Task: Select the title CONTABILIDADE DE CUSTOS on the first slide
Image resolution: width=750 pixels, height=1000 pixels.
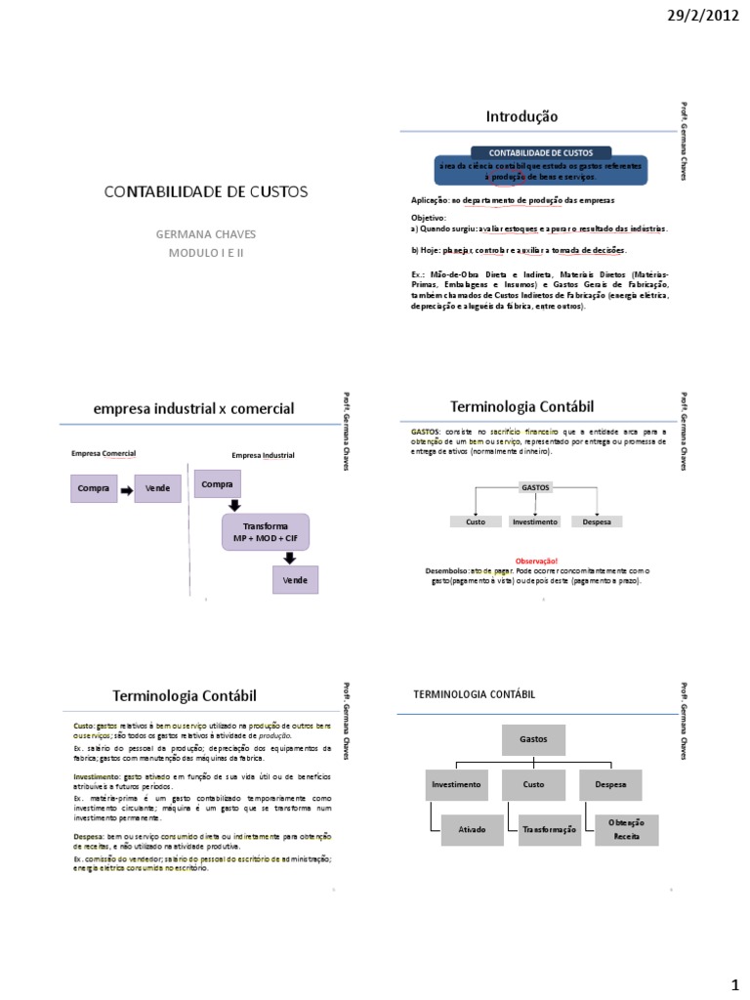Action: (206, 191)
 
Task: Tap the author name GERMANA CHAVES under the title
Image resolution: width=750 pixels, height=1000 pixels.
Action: (206, 235)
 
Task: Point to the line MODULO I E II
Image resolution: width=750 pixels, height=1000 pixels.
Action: (206, 253)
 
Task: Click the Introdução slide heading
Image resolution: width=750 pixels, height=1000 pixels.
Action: (521, 116)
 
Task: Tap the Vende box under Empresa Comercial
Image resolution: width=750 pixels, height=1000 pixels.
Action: (157, 488)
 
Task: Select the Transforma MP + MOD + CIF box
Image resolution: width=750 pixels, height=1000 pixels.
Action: (262, 532)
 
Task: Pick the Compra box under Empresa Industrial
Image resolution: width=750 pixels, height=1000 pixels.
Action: (217, 483)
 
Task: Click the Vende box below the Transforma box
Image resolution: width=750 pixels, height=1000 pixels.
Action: (295, 579)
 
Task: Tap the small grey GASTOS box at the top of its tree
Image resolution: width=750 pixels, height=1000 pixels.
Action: (536, 485)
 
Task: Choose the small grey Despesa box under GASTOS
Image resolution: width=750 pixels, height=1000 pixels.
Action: (597, 521)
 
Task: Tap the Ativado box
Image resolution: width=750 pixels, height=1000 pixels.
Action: (472, 829)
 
